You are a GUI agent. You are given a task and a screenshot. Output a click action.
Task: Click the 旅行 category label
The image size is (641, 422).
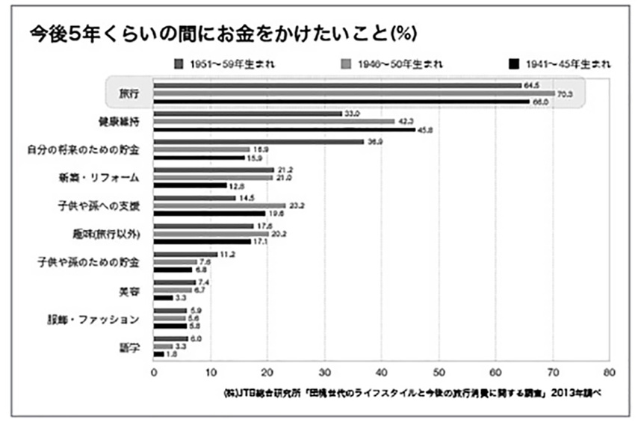click(129, 93)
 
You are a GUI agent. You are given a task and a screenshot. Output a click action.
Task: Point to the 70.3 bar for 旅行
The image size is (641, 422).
click(353, 93)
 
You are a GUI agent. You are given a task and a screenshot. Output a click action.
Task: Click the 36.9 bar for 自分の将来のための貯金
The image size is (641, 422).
click(258, 141)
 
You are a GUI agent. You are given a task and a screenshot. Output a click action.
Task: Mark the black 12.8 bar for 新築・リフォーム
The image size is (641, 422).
click(190, 184)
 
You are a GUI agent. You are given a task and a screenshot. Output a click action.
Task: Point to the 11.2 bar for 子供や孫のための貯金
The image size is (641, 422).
click(185, 255)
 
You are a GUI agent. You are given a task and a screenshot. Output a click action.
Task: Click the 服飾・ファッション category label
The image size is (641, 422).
click(99, 319)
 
